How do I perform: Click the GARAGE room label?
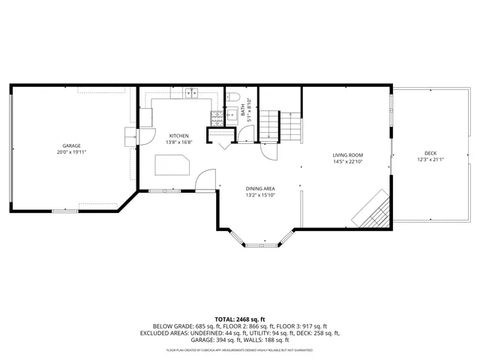pos(71,145)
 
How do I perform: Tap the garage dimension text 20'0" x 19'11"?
pos(71,151)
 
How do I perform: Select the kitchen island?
pos(171,164)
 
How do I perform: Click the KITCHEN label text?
pos(178,135)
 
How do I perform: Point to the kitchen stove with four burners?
pos(216,118)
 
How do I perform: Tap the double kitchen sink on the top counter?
pos(190,94)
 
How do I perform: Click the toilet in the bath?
pos(233,97)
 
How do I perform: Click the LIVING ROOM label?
pos(347,155)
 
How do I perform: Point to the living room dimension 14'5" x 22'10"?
pos(347,161)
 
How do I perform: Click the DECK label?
pos(430,152)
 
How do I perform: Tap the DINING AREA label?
pos(260,189)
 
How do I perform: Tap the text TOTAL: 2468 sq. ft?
pos(239,319)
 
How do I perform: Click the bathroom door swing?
pos(247,135)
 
